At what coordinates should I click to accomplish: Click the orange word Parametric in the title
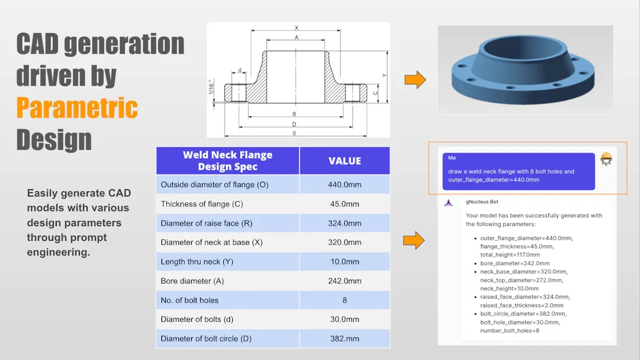point(77,107)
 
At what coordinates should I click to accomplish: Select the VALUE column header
point(345,161)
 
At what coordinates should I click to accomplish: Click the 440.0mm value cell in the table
point(345,184)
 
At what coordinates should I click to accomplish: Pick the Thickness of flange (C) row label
point(202,204)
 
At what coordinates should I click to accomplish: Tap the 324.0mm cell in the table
point(345,223)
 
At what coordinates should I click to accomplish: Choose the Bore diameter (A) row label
point(199,281)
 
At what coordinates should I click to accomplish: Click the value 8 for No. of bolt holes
point(345,300)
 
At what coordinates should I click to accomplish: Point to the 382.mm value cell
point(345,339)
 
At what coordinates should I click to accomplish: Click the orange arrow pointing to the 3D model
point(415,80)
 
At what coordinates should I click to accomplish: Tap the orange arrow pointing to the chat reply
point(413,241)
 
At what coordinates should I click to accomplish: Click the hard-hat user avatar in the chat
point(606,159)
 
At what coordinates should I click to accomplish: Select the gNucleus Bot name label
point(482,201)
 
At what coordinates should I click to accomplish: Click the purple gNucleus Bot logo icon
point(448,202)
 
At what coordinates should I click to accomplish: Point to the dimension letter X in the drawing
point(296,28)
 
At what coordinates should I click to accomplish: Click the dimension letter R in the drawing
point(295,114)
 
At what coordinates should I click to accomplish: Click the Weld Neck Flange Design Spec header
point(228,161)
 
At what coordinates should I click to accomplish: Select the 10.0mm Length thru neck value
point(345,262)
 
